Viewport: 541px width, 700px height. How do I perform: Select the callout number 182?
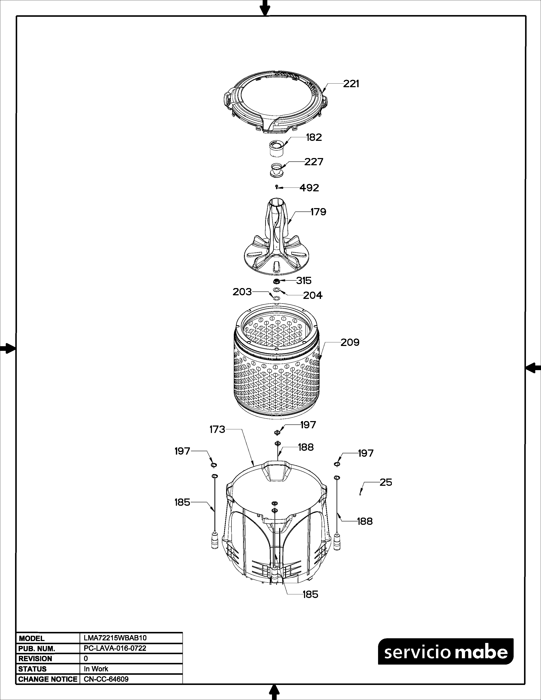[314, 137]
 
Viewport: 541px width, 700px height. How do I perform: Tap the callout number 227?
[314, 162]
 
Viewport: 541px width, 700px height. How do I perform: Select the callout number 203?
[242, 292]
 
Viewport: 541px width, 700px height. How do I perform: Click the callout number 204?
[313, 295]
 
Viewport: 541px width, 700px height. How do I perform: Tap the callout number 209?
[350, 343]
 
